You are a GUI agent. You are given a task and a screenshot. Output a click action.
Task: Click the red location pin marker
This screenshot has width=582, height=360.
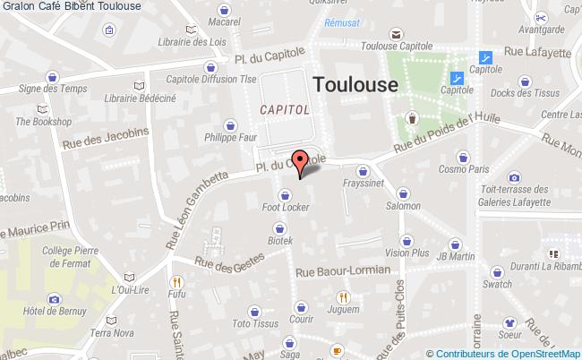tap(302, 160)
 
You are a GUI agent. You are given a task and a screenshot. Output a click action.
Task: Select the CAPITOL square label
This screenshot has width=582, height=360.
tap(285, 108)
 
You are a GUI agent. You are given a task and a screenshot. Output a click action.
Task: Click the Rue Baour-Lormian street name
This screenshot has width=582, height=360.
tap(342, 270)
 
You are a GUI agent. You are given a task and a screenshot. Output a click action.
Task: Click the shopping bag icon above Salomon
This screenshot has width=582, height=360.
tap(404, 192)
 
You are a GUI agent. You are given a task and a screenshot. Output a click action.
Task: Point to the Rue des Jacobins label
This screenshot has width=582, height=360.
tap(105, 138)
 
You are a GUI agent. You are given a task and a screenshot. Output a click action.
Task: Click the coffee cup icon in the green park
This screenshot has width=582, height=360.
tap(411, 117)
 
